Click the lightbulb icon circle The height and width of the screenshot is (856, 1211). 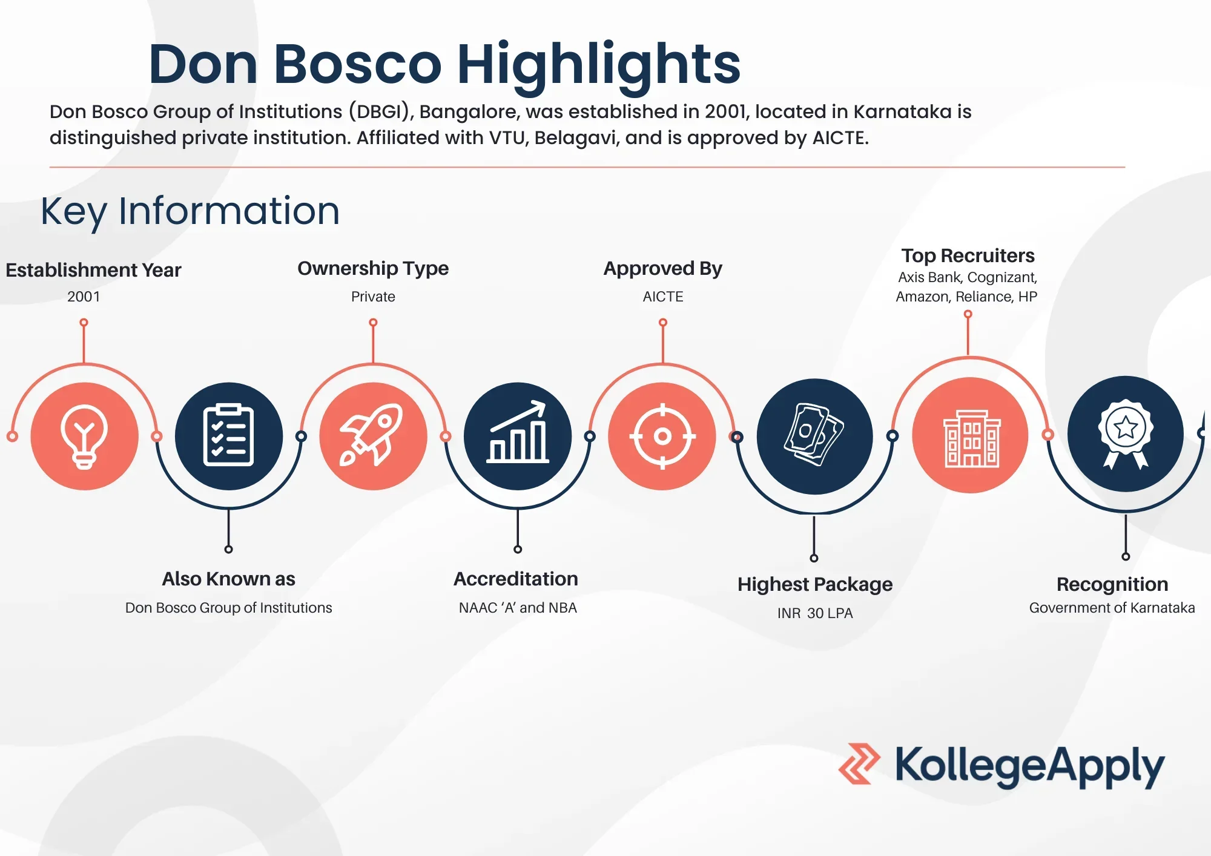coord(84,436)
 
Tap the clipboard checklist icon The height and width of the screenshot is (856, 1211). coord(228,435)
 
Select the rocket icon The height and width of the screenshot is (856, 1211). coord(372,435)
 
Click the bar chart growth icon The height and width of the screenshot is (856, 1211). coord(518,432)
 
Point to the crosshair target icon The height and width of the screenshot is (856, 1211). coord(662,436)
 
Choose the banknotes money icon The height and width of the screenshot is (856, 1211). coord(814,435)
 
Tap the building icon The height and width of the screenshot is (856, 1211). coord(971,438)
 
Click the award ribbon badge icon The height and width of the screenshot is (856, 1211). coord(1126,433)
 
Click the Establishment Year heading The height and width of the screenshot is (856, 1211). coord(93,270)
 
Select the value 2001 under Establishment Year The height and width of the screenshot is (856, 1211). coord(84,297)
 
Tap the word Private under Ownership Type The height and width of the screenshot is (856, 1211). coord(373,297)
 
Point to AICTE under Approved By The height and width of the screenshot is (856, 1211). coord(663,297)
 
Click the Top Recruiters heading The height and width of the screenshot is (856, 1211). coord(968,256)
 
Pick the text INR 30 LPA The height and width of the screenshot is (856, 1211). coord(815,613)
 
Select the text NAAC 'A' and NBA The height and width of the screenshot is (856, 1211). coord(518,608)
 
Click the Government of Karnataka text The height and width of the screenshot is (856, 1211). coord(1112,608)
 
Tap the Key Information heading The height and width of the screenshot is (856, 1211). coord(190,211)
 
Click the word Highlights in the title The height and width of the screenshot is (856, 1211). coord(599,65)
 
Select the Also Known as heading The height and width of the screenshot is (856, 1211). coord(228,579)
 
